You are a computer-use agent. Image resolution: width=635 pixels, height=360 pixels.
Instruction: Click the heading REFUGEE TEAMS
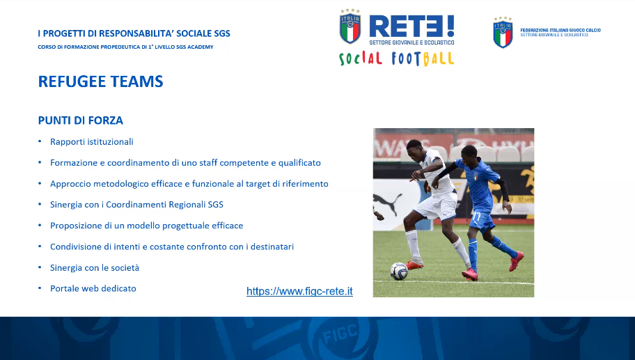pos(100,81)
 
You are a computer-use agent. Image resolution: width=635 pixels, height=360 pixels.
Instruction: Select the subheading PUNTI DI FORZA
pos(81,120)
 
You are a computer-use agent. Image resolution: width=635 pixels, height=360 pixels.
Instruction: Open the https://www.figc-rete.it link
pos(299,291)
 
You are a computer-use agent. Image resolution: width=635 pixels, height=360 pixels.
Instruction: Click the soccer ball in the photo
pos(399,272)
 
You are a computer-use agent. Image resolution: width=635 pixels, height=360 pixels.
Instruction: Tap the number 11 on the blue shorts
pos(476,217)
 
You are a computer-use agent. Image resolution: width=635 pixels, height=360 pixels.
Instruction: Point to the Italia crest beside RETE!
pos(350,26)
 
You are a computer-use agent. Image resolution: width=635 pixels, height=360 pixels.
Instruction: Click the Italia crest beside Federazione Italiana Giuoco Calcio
pos(503,33)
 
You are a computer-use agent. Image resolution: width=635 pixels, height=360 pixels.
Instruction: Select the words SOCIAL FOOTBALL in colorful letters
pos(396,58)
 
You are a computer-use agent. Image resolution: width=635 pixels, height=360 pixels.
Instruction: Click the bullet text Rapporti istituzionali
pos(91,142)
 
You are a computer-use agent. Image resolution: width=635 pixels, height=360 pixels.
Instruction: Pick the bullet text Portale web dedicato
pos(93,288)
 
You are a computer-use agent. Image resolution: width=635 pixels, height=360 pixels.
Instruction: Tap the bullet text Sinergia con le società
pos(95,267)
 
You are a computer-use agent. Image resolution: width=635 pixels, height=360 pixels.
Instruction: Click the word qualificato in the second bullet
pos(299,163)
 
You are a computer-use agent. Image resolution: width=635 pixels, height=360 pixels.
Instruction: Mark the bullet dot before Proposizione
pos(40,225)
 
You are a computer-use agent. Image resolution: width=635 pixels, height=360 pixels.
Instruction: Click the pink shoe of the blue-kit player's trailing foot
pos(517,261)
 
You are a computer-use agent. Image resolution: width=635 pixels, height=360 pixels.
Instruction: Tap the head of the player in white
pos(415,150)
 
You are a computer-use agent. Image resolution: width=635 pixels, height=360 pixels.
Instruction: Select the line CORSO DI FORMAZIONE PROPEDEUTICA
pos(125,47)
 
